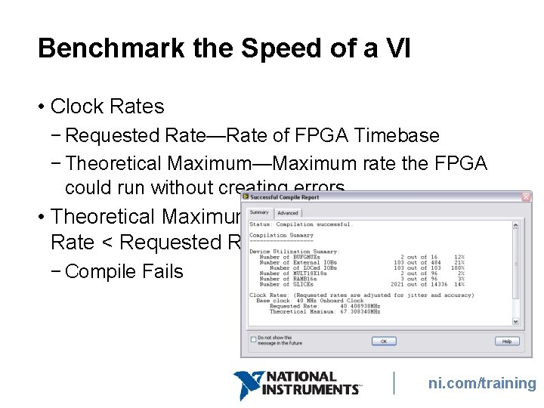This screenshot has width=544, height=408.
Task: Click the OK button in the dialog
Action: click(x=383, y=341)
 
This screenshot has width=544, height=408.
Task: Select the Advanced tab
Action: click(x=287, y=213)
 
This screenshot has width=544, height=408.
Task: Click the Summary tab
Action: click(x=259, y=212)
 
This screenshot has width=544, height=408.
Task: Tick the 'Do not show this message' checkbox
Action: click(x=252, y=338)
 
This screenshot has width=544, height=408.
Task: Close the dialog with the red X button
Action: click(x=526, y=197)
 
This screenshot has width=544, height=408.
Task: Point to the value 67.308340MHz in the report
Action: click(x=360, y=311)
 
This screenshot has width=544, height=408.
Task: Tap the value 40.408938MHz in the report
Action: click(x=360, y=306)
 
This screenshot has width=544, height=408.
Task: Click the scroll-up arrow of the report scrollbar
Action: click(x=515, y=224)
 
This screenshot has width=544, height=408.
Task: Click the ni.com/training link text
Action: click(x=482, y=383)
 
